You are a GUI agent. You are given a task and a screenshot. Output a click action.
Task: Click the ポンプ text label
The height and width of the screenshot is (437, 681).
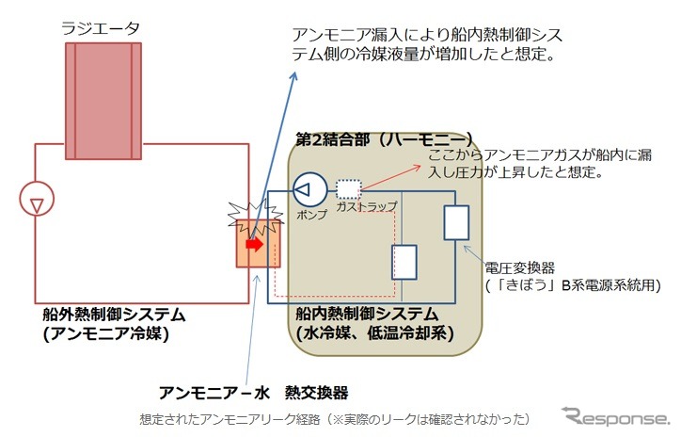click(x=311, y=217)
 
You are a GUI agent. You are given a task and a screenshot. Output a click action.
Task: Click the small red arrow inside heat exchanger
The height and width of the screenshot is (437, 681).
click(x=253, y=244)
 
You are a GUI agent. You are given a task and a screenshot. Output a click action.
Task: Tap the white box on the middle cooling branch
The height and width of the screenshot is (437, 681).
click(x=404, y=262)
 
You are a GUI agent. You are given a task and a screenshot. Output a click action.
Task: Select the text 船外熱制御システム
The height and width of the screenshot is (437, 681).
click(x=114, y=314)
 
